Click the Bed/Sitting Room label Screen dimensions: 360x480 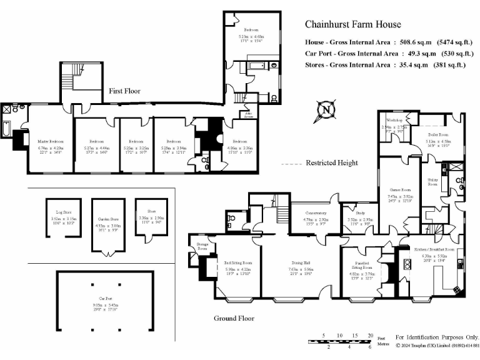tap(238, 263)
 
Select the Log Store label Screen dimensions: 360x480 tap(62, 212)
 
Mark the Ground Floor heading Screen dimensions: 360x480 tap(234, 318)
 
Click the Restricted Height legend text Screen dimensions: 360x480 tap(331, 163)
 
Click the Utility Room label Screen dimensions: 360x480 tap(432, 182)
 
